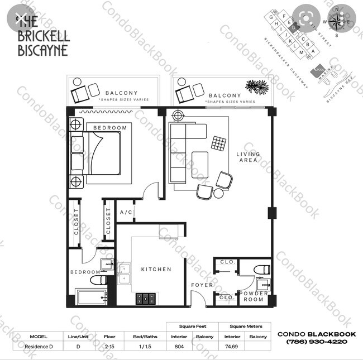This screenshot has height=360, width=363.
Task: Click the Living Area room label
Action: tap(247, 156)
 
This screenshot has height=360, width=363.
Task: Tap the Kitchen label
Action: tap(156, 269)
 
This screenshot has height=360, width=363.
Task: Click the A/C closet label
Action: tap(126, 213)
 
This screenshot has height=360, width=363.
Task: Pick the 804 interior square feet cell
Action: tap(179, 346)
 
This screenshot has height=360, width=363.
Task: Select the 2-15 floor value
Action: tap(109, 346)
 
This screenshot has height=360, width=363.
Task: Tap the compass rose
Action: tap(337, 21)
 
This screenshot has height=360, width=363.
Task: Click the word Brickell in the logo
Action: tap(42, 36)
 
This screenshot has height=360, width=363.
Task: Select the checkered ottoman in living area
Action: tap(218, 143)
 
